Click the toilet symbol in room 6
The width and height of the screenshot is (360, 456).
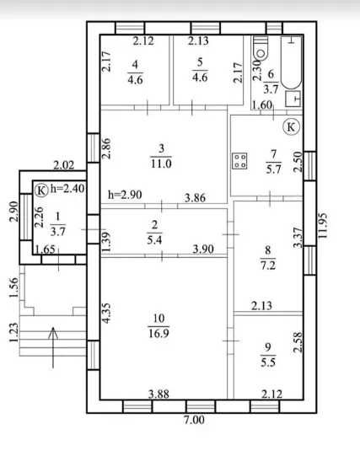point(261,48)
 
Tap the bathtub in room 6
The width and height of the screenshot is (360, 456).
point(292,62)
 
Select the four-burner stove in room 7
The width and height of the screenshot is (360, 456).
point(239,161)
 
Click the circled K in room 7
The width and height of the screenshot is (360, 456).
point(291,126)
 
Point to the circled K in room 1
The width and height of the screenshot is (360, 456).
point(41,190)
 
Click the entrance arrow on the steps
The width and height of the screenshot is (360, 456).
point(53,347)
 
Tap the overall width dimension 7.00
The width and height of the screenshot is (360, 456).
point(194,420)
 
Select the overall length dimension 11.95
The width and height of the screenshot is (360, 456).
point(323,225)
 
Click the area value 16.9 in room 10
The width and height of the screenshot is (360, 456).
point(159,333)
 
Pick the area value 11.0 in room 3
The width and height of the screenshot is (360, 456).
point(161,164)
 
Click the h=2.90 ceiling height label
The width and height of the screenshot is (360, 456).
point(125,194)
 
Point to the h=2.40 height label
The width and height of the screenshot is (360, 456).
point(67,189)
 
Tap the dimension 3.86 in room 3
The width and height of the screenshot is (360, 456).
point(195,198)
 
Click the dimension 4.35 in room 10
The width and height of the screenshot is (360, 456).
point(106,313)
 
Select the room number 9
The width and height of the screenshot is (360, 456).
point(268,346)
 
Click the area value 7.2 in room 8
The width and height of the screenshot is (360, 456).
point(268,266)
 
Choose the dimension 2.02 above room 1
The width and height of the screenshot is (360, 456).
point(64,165)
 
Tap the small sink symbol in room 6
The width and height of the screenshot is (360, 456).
point(293,99)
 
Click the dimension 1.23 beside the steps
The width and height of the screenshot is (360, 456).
point(13,332)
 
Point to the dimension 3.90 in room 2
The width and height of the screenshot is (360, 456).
point(203,249)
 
